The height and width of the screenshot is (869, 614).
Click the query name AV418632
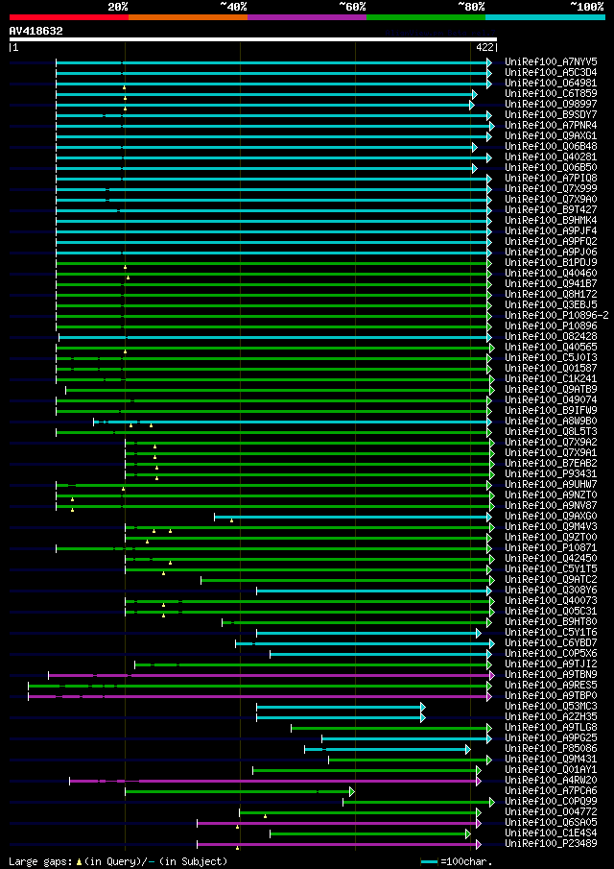tap(36, 31)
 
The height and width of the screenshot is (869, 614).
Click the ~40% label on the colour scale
tap(233, 6)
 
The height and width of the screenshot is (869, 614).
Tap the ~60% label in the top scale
tap(352, 6)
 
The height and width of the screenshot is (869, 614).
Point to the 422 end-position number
tap(484, 47)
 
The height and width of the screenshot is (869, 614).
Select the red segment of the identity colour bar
tap(68, 16)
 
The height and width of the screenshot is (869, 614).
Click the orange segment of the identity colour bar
tap(187, 16)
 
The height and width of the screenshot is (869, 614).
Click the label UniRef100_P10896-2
tap(556, 315)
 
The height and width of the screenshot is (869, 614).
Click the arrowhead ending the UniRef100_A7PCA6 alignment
tap(352, 791)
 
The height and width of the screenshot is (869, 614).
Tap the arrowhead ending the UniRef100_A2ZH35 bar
tap(423, 717)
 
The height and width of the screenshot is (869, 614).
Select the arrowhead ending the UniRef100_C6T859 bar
tap(474, 94)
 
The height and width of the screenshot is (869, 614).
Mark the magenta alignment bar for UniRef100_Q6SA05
tap(336, 823)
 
